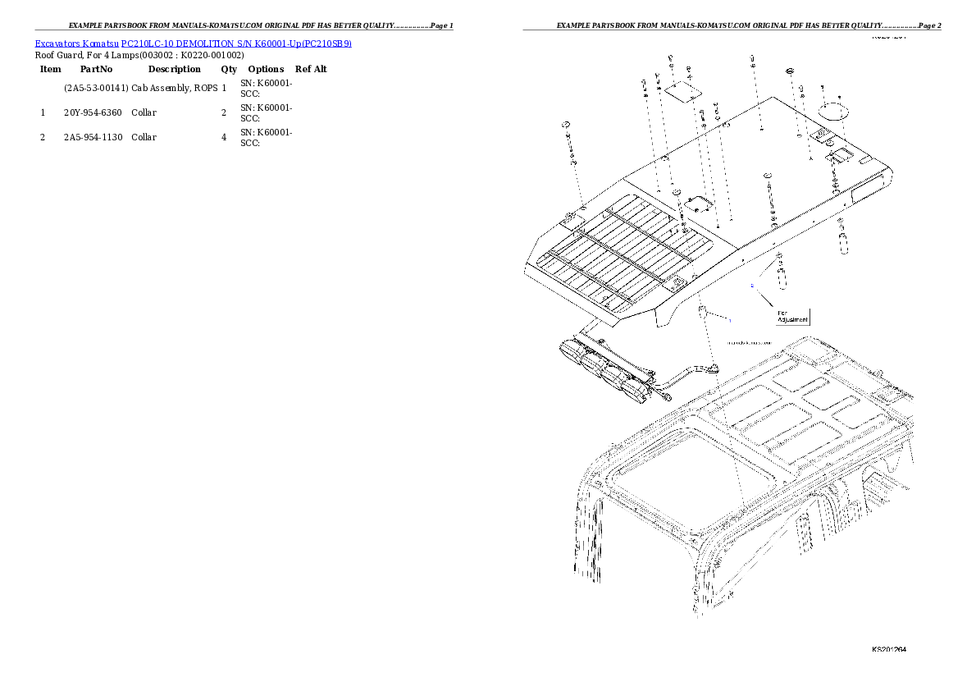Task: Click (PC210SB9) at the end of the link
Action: pyautogui.click(x=326, y=44)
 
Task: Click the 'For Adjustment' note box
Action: pyautogui.click(x=792, y=316)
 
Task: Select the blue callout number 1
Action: pyautogui.click(x=729, y=318)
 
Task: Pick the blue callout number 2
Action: pyautogui.click(x=751, y=286)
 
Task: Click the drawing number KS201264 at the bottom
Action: pyautogui.click(x=888, y=649)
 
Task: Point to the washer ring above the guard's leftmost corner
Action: pyautogui.click(x=566, y=125)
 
